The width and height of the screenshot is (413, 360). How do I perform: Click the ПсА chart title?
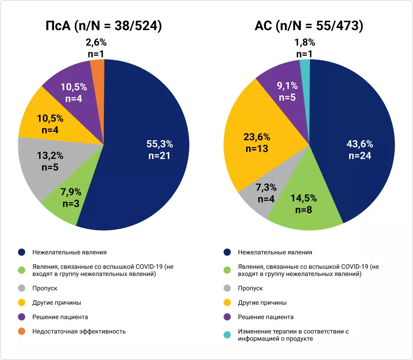pyautogui.click(x=104, y=26)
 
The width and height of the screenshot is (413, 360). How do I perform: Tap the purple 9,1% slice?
pyautogui.click(x=281, y=85)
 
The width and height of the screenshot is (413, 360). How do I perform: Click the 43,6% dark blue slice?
pyautogui.click(x=355, y=148)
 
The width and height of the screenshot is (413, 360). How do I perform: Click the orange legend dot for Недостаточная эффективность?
pyautogui.click(x=21, y=332)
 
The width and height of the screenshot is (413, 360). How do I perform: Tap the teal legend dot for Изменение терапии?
pyautogui.click(x=227, y=335)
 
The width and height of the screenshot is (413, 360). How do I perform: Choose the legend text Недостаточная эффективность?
pyautogui.click(x=79, y=332)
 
